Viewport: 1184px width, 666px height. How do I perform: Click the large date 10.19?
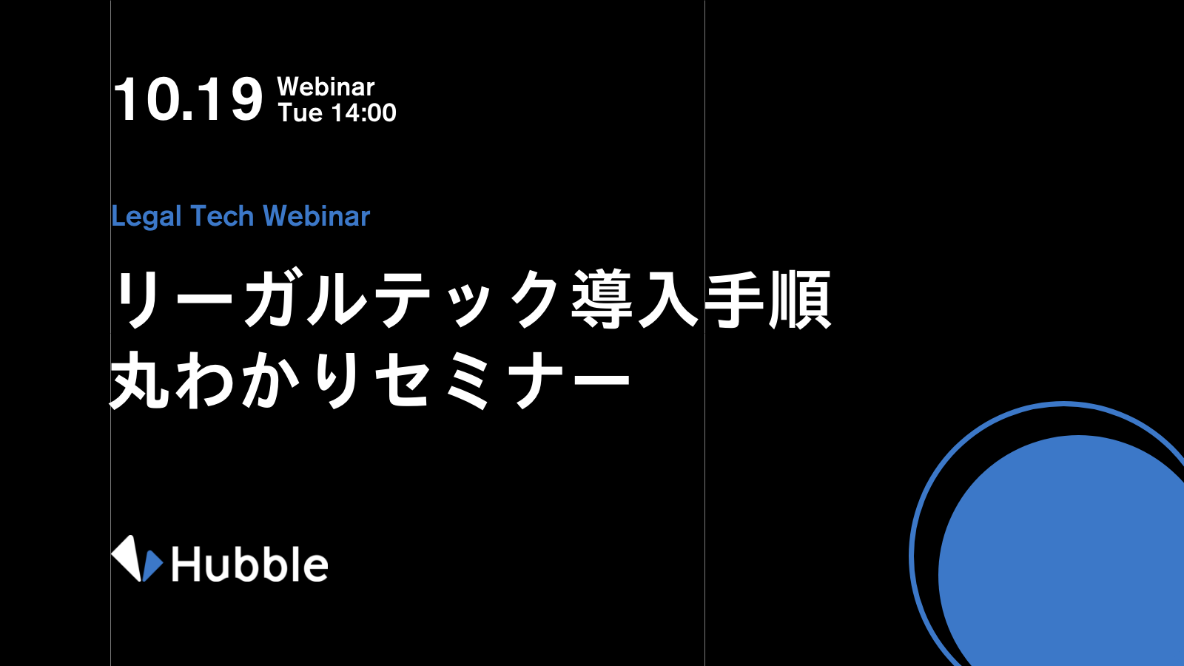pyautogui.click(x=188, y=99)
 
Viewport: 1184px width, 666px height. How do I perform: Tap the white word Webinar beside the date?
pyautogui.click(x=326, y=87)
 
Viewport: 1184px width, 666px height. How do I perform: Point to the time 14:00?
pyautogui.click(x=363, y=112)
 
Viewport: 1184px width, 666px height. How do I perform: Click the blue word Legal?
pyautogui.click(x=147, y=217)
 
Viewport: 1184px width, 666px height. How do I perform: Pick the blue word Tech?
pyautogui.click(x=221, y=215)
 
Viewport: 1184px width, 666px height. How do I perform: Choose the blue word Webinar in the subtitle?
pyautogui.click(x=317, y=215)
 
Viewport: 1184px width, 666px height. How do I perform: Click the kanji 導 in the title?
pyautogui.click(x=602, y=299)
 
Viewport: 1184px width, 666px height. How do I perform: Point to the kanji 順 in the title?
pyautogui.click(x=800, y=299)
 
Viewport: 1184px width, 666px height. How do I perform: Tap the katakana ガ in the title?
pyautogui.click(x=274, y=299)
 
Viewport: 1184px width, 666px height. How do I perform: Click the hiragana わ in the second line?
pyautogui.click(x=205, y=380)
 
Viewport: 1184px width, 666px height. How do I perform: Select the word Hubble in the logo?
pyautogui.click(x=249, y=564)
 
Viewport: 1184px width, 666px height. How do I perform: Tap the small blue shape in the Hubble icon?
pyautogui.click(x=152, y=565)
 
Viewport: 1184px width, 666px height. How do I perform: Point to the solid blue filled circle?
pyautogui.click(x=1063, y=552)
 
